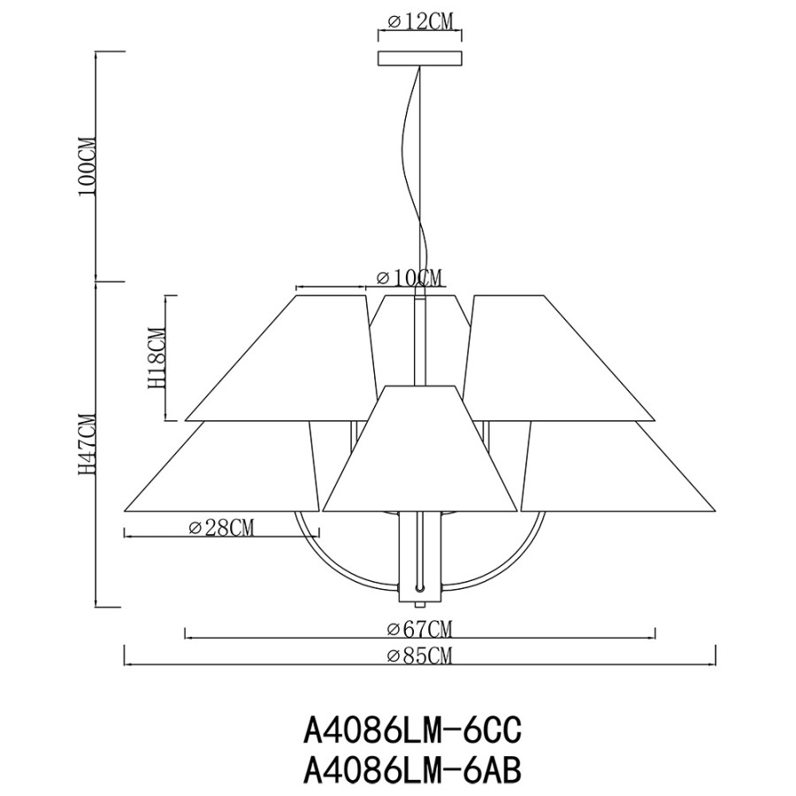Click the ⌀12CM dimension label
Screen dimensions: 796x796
tap(420, 21)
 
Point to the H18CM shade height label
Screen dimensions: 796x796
tap(157, 359)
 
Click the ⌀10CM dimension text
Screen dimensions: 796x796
tap(409, 278)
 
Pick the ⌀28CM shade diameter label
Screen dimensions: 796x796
tap(221, 528)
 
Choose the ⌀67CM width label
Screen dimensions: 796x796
tap(419, 630)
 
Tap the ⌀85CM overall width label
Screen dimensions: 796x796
tap(419, 656)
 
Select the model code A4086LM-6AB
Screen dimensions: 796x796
tap(411, 771)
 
